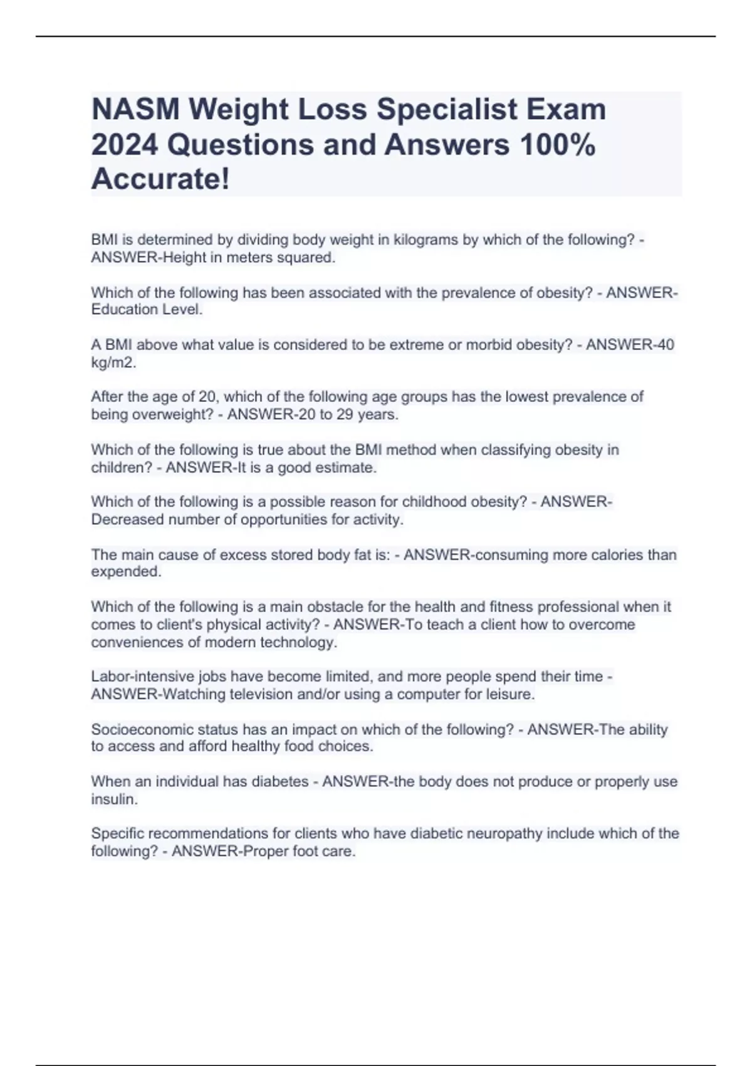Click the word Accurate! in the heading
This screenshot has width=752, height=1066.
[x=160, y=180]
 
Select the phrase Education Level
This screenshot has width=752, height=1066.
[x=147, y=310]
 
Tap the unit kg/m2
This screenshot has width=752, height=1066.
[x=113, y=362]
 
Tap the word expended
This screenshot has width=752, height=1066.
[x=125, y=572]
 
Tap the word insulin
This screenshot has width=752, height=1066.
[x=113, y=799]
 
